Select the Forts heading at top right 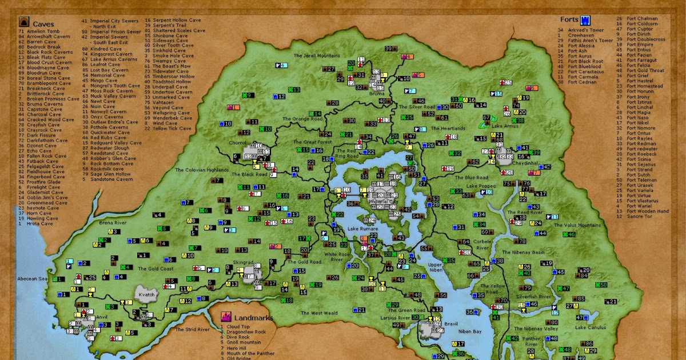pyautogui.click(x=569, y=19)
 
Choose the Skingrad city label pyautogui.click(x=243, y=262)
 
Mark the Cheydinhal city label pyautogui.click(x=510, y=163)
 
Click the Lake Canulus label pyautogui.click(x=589, y=327)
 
